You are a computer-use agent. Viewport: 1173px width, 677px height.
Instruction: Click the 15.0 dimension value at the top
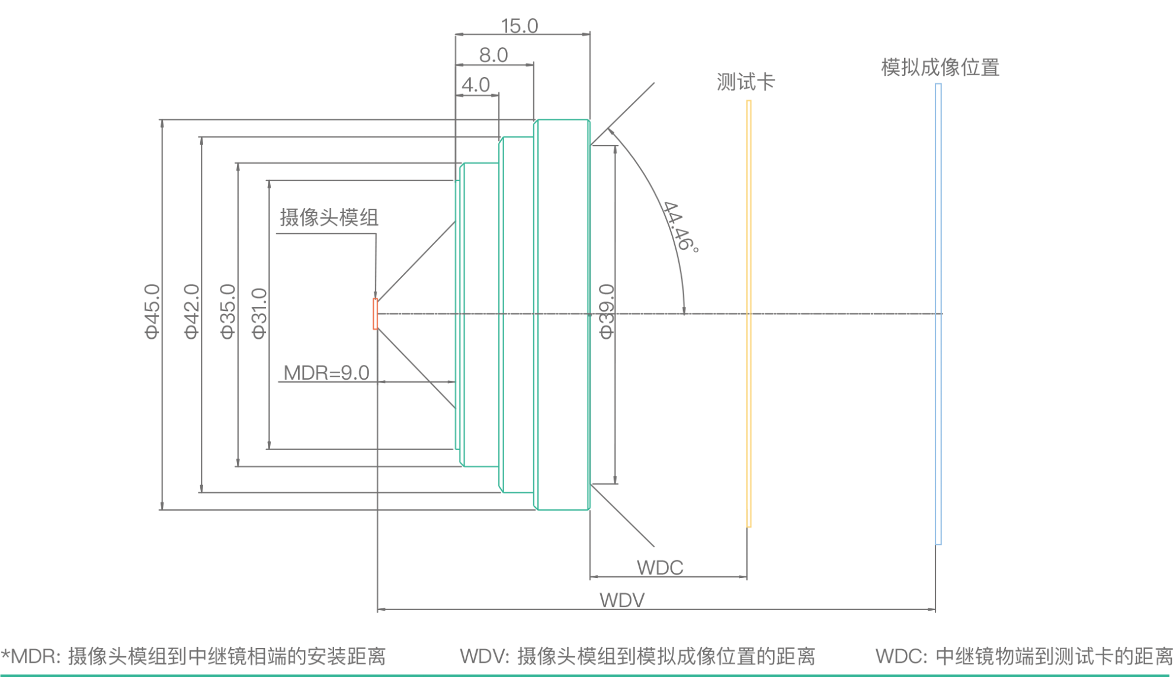(520, 25)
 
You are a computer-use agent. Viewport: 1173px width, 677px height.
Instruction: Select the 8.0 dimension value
(493, 55)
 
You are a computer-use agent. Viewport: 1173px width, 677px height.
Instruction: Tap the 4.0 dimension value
(476, 85)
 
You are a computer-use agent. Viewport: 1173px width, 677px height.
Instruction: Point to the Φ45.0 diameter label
(152, 312)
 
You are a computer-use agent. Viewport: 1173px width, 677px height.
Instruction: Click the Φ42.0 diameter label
(192, 312)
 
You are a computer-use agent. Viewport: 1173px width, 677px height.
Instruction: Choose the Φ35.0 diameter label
(228, 312)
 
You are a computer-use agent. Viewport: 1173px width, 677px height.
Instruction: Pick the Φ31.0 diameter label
(260, 313)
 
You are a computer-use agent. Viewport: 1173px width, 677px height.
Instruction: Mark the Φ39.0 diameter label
(607, 312)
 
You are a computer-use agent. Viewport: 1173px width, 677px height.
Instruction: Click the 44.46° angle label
(680, 227)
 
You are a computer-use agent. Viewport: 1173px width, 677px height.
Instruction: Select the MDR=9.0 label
(326, 373)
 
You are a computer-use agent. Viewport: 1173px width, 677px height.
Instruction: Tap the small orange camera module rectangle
(375, 314)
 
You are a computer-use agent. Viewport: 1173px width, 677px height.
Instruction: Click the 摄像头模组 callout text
(329, 218)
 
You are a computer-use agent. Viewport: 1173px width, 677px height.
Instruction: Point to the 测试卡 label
(745, 82)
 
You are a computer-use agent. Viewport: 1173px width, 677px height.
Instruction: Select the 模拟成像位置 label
(940, 68)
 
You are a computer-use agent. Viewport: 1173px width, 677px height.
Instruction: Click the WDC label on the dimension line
(660, 567)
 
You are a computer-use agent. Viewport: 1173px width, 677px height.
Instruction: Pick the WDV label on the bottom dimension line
(622, 600)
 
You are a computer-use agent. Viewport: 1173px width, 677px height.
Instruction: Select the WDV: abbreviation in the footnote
(485, 656)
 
